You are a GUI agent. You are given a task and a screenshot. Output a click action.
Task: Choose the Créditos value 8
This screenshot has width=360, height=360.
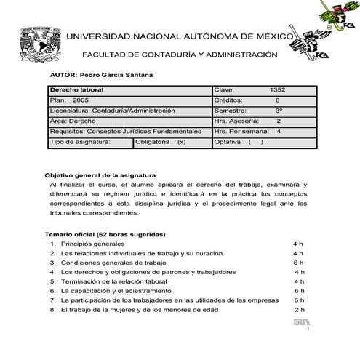(277, 100)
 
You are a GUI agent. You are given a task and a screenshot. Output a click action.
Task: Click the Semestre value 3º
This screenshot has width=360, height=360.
(279, 111)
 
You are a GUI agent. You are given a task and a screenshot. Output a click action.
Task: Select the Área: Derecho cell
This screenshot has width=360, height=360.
(73, 121)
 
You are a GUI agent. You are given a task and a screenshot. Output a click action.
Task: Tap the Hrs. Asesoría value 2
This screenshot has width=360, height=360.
(279, 121)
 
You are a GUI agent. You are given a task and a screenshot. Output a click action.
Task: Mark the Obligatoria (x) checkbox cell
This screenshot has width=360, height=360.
(161, 142)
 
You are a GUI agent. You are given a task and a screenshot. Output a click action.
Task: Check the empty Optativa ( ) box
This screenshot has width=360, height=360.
(255, 142)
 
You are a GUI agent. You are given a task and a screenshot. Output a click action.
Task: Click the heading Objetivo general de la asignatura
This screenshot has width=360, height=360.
(100, 175)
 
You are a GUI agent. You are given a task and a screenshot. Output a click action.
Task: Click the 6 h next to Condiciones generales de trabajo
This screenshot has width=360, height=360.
(298, 262)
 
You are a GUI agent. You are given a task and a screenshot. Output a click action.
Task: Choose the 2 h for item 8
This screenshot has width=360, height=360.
(298, 308)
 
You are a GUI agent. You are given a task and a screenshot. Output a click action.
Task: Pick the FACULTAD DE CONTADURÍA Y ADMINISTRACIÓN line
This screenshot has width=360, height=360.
(180, 55)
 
